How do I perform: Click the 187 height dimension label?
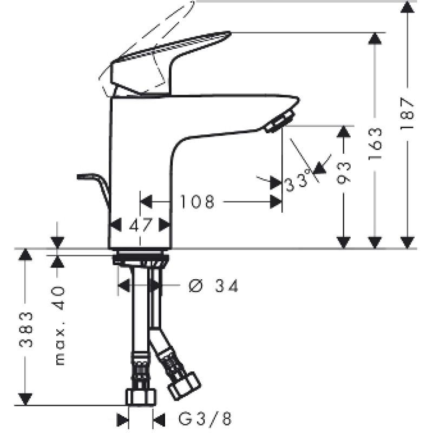pyautogui.click(x=408, y=113)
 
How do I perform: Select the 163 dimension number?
pyautogui.click(x=375, y=143)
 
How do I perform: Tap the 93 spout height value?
pyautogui.click(x=344, y=173)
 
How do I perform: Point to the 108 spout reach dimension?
pyautogui.click(x=197, y=201)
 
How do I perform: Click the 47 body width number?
pyautogui.click(x=141, y=225)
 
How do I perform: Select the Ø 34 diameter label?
pyautogui.click(x=213, y=286)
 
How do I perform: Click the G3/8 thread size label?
pyautogui.click(x=205, y=418)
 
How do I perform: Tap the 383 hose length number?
pyautogui.click(x=26, y=330)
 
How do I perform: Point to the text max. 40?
pyautogui.click(x=60, y=326)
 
